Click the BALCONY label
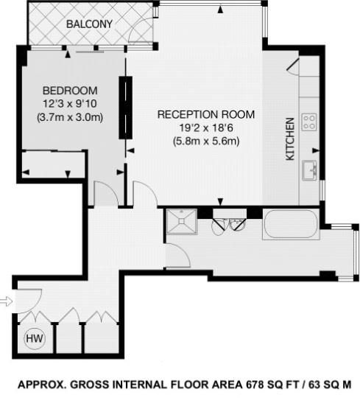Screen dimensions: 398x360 tap(89, 24)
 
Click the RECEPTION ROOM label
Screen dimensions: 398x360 tap(206, 115)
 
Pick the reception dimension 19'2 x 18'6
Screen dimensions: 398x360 tap(206, 128)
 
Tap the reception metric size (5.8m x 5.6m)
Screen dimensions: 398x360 tap(206, 141)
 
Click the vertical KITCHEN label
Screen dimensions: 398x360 tap(290, 139)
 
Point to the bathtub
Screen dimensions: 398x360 tap(290, 224)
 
